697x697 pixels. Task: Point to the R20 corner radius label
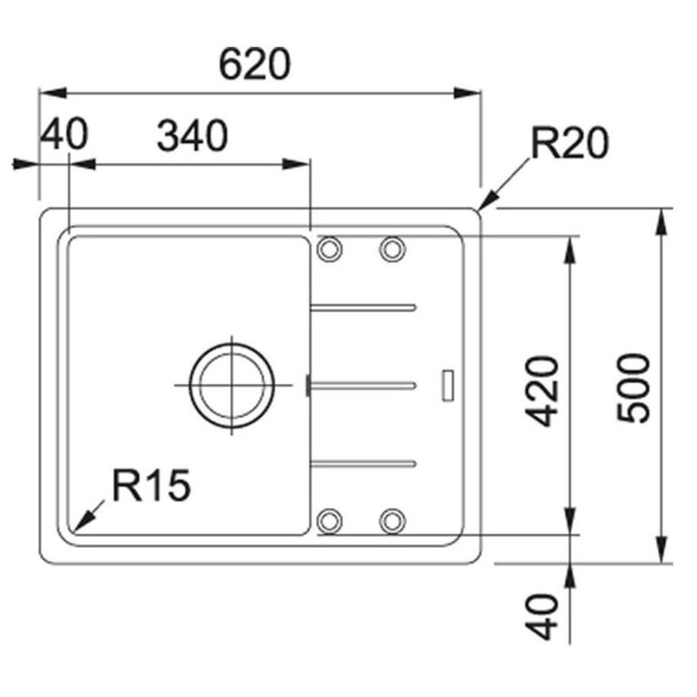[570, 145]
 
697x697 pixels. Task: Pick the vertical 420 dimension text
[544, 390]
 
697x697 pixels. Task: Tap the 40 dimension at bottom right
[544, 616]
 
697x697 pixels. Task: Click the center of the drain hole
[233, 384]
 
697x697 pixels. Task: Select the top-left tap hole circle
[330, 248]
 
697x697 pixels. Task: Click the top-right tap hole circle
[392, 248]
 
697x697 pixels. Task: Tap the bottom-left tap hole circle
[330, 520]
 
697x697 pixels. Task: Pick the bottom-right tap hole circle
[392, 520]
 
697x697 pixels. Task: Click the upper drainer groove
[364, 307]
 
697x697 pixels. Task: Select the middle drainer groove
[364, 383]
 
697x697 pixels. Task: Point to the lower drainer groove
[364, 461]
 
